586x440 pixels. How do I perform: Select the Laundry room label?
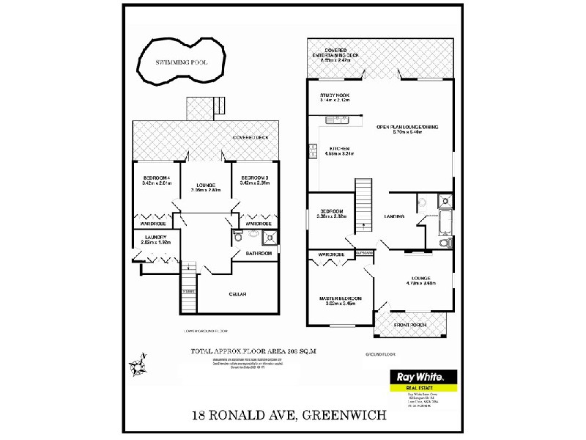pos(156,238)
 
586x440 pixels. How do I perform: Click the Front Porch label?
pos(412,324)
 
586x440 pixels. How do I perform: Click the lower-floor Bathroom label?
pos(259,254)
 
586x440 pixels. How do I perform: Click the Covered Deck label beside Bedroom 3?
pos(248,138)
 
